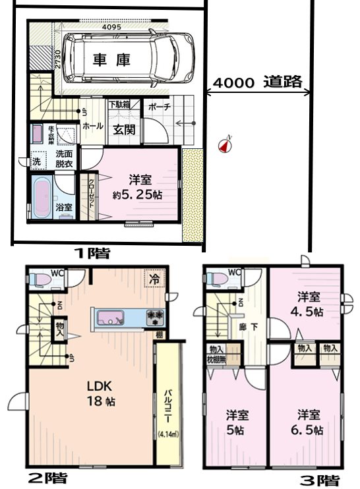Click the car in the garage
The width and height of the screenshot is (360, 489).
129,59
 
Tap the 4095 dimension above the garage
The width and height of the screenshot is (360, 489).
115,27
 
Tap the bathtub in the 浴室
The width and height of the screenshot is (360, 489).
44,197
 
